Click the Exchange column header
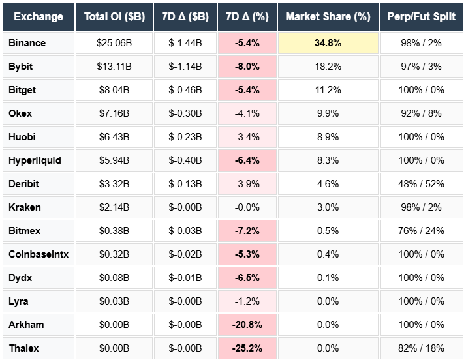coord(39,16)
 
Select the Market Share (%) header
coord(328,16)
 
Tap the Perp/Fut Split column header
coord(421,16)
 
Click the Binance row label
coord(27,43)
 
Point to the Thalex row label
coord(24,348)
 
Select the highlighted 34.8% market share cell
coord(328,43)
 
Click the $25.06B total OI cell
coord(114,43)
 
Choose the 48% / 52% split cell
coord(421,184)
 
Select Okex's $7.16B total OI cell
coord(114,113)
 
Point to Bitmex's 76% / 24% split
coord(421,231)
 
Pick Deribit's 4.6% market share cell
coord(328,184)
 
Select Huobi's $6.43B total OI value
coord(114,137)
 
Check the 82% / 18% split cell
coord(421,348)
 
